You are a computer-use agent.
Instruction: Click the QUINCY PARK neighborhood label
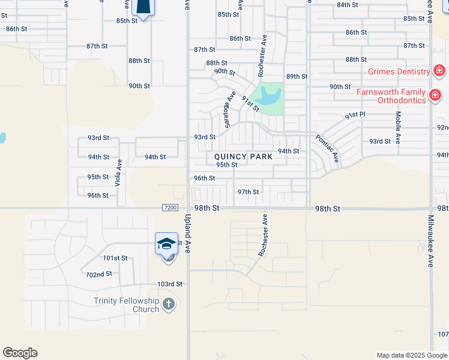243,157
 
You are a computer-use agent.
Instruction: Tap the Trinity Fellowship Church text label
126,305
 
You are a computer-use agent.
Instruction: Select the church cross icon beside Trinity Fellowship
169,304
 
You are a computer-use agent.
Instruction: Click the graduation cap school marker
166,243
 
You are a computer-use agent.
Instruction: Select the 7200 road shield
170,208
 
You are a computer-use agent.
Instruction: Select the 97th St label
248,192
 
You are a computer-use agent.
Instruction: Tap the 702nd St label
99,274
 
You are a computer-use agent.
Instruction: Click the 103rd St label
169,284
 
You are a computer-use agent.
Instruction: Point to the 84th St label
348,5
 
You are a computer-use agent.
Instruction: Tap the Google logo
20,353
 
